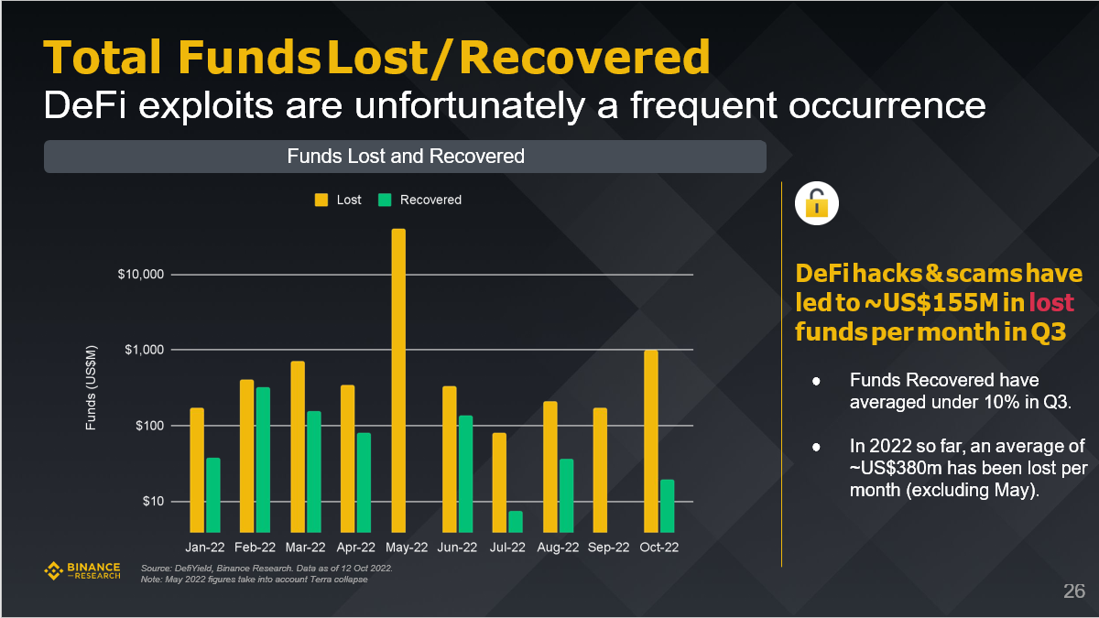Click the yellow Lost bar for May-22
click(398, 380)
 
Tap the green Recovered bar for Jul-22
click(516, 522)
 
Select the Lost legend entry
click(339, 200)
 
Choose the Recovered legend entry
click(420, 200)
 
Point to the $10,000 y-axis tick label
click(141, 276)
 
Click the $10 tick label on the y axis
click(153, 502)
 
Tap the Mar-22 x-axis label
click(305, 548)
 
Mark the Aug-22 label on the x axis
click(558, 548)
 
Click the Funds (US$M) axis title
click(91, 389)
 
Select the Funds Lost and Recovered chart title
click(405, 157)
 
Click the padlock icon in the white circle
click(817, 202)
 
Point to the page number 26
click(1073, 591)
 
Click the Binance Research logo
click(82, 571)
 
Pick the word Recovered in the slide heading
click(584, 58)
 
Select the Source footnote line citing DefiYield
click(267, 569)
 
